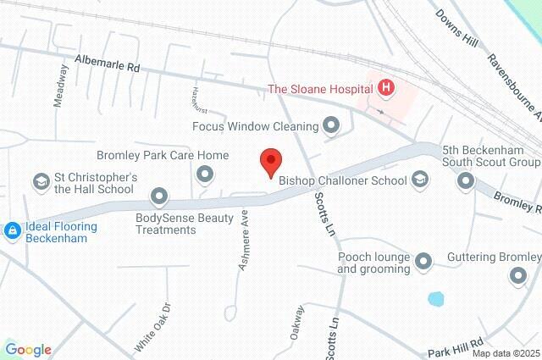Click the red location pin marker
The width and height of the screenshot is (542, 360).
pos(270,161)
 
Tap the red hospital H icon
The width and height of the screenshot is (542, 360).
pos(386,87)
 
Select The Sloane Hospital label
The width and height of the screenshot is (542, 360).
pos(320,87)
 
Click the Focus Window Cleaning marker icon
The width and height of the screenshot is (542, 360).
pos(331,127)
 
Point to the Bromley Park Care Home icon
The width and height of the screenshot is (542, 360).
pos(203,174)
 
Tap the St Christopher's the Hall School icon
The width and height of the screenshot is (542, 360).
pos(40,182)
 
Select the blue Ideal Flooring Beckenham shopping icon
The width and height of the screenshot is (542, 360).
pos(13,230)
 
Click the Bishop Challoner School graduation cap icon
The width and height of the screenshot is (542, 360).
pos(420,180)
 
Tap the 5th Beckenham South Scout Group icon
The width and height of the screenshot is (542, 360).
pos(465,180)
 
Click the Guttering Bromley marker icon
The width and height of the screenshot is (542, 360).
pos(518,276)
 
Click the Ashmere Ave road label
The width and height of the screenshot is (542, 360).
pos(245,241)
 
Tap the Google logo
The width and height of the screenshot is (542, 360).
pos(28,350)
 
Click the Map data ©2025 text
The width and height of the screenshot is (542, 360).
pos(506,354)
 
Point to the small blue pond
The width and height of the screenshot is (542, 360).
pos(435,299)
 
